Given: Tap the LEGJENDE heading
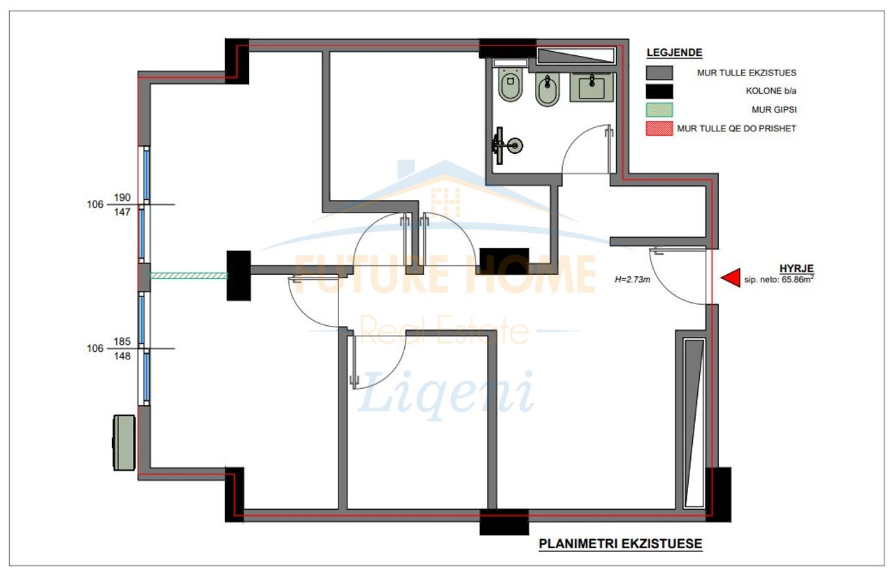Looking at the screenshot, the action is click(x=675, y=52).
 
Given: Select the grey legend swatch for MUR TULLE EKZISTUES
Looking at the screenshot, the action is click(x=659, y=73).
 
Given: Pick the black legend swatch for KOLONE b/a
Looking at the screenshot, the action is click(x=659, y=92).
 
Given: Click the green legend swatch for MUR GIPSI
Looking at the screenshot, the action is click(x=659, y=110).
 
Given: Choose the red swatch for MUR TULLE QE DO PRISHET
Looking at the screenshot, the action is click(x=659, y=129).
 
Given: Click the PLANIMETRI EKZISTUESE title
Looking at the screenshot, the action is click(x=620, y=544).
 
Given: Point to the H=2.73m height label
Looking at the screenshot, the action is click(x=632, y=280).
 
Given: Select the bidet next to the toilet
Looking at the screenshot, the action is click(x=547, y=90).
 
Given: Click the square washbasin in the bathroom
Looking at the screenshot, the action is click(x=592, y=87).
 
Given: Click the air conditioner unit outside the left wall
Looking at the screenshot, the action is click(x=124, y=443).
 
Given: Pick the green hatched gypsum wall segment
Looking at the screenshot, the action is click(x=189, y=276).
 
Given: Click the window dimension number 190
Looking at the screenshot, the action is click(x=122, y=197).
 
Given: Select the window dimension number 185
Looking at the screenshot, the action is click(x=122, y=342).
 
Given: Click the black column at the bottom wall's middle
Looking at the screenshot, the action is click(x=504, y=522).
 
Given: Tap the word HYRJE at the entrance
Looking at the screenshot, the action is click(x=796, y=269).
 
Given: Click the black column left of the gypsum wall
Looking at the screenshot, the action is click(x=239, y=276).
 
